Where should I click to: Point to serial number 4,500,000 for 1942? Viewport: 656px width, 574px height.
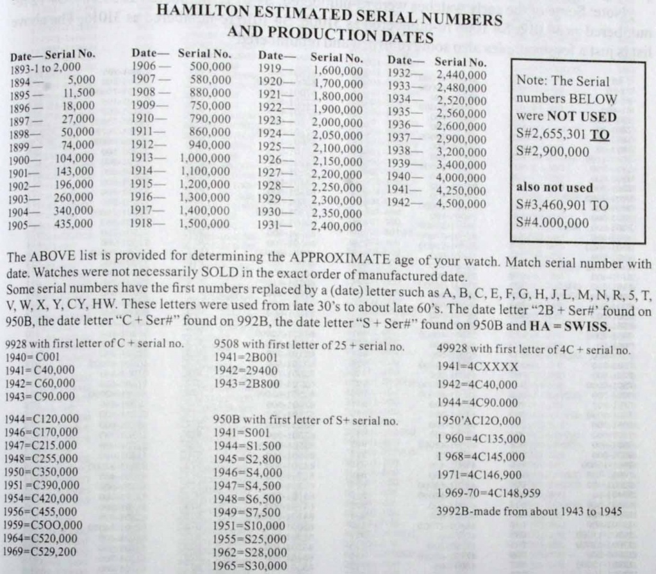click(461, 203)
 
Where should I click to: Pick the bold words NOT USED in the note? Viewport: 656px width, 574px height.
click(582, 118)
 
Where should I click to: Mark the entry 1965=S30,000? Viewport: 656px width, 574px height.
click(250, 566)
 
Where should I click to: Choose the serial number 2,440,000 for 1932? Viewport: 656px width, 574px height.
click(461, 74)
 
